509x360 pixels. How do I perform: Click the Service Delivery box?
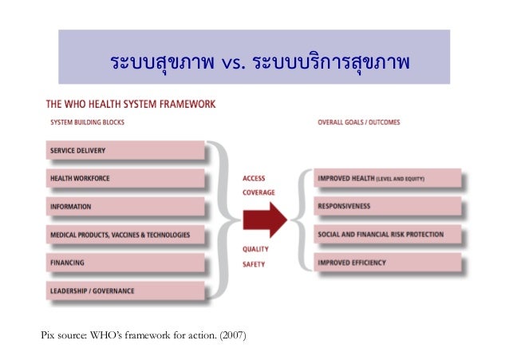(x=127, y=150)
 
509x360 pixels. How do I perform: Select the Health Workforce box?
(x=127, y=178)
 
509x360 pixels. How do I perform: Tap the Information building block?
(x=127, y=206)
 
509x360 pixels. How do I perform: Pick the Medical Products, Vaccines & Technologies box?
(x=127, y=235)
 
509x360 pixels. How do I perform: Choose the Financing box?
(x=127, y=262)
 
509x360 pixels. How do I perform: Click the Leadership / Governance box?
(x=127, y=290)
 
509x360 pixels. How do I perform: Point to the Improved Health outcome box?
(x=388, y=179)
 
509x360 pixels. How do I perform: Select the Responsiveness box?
(x=388, y=206)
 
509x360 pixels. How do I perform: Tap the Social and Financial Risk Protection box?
(x=388, y=234)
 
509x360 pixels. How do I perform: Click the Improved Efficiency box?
(x=388, y=262)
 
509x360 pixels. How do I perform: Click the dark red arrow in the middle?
(x=264, y=219)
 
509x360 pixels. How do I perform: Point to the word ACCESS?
(x=254, y=179)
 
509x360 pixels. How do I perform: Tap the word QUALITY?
(x=255, y=249)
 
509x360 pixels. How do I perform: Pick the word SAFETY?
(x=253, y=264)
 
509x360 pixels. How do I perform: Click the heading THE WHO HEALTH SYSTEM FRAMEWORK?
(x=130, y=104)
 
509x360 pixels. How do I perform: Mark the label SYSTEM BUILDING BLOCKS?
(x=87, y=123)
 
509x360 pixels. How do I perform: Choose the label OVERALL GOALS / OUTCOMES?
(x=359, y=123)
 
